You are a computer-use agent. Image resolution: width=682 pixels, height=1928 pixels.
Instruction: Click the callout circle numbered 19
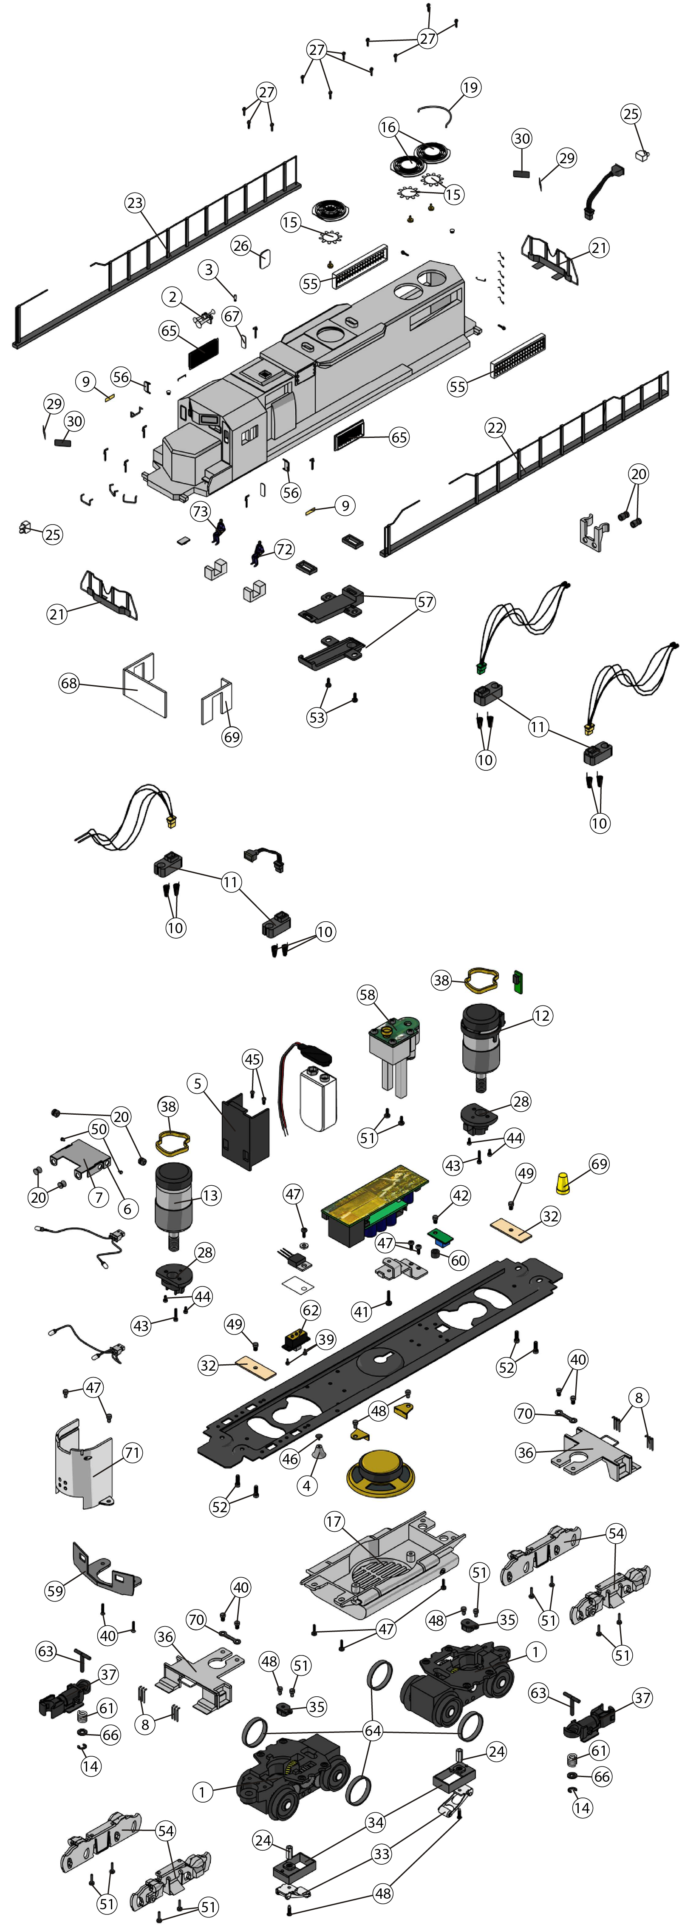pos(470,88)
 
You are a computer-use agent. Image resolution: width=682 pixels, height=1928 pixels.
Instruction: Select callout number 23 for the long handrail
pos(135,203)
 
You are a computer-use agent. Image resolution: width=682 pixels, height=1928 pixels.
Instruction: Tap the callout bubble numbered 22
pos(495,427)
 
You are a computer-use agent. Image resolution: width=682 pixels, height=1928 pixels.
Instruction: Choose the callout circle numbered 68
pos(69,683)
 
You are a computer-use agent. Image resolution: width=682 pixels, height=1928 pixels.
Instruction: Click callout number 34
pos(375,1823)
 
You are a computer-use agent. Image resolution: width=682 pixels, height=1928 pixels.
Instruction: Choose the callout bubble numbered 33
pos(382,1853)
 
